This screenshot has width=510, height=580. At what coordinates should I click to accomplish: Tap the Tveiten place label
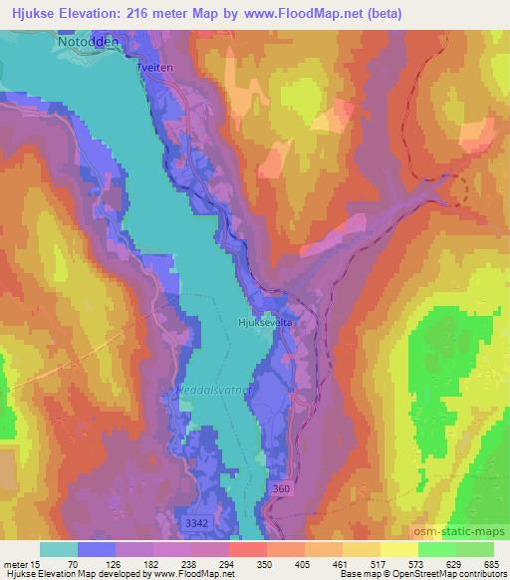(x=156, y=57)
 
